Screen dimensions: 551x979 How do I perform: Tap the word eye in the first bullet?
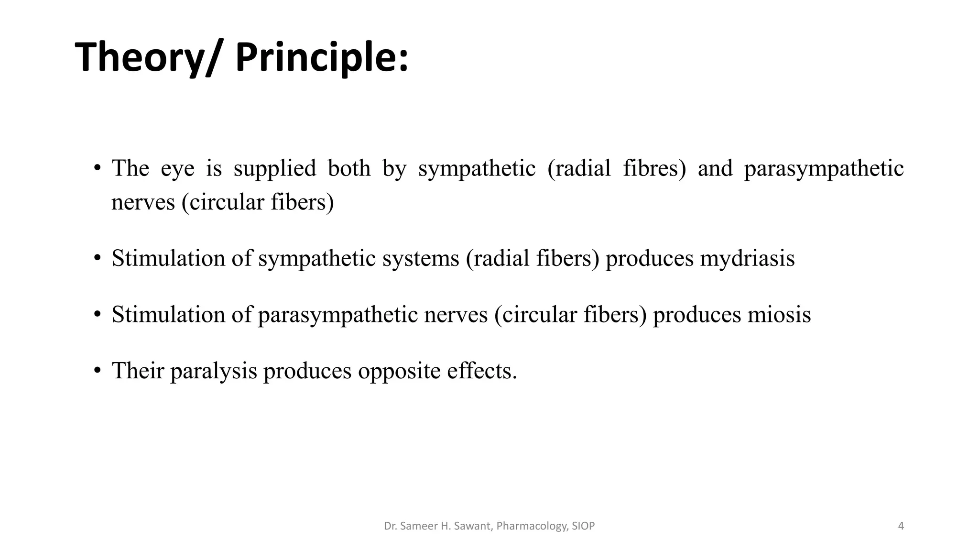(x=177, y=169)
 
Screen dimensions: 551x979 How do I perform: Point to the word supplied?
(x=275, y=169)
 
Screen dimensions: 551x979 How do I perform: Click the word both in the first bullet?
(x=349, y=168)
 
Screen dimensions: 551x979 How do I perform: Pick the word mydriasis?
(x=747, y=259)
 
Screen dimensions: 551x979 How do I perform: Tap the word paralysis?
(x=214, y=371)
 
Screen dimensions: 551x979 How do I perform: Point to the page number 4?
(x=901, y=526)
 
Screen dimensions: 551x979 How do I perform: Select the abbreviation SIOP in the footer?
(x=583, y=526)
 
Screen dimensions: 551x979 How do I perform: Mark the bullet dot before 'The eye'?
(x=98, y=168)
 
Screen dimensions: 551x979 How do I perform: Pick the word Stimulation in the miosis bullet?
(x=168, y=315)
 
